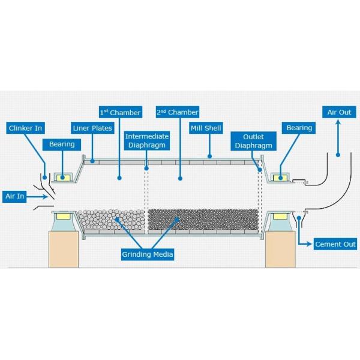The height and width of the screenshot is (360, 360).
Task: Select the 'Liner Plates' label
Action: (x=91, y=128)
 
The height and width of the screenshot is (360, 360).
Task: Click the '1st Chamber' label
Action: (x=120, y=112)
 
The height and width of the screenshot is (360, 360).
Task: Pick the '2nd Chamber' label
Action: (x=178, y=112)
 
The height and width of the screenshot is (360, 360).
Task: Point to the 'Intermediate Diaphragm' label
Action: (x=147, y=141)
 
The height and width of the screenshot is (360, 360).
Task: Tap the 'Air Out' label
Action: (x=339, y=112)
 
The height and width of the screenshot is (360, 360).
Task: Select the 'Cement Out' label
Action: (x=335, y=244)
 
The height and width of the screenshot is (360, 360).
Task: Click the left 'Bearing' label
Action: (x=62, y=144)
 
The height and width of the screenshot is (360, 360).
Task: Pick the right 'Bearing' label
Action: (x=299, y=128)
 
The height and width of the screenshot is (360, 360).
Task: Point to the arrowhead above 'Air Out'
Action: (x=338, y=122)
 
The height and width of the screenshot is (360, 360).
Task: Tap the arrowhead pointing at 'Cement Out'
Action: (x=311, y=244)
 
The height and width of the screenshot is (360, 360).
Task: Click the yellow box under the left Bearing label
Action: (x=62, y=177)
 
